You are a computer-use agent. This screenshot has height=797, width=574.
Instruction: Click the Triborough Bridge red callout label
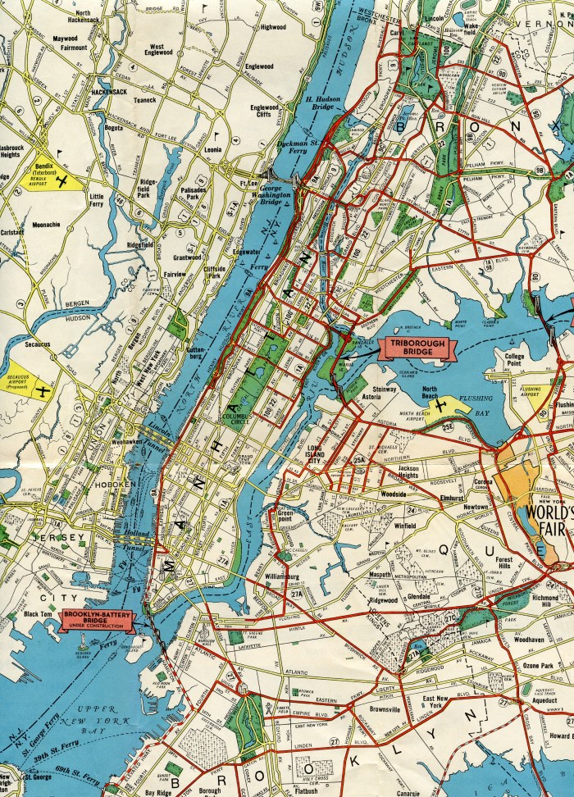click(x=415, y=349)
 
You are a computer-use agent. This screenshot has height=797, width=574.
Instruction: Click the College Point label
click(x=514, y=361)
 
